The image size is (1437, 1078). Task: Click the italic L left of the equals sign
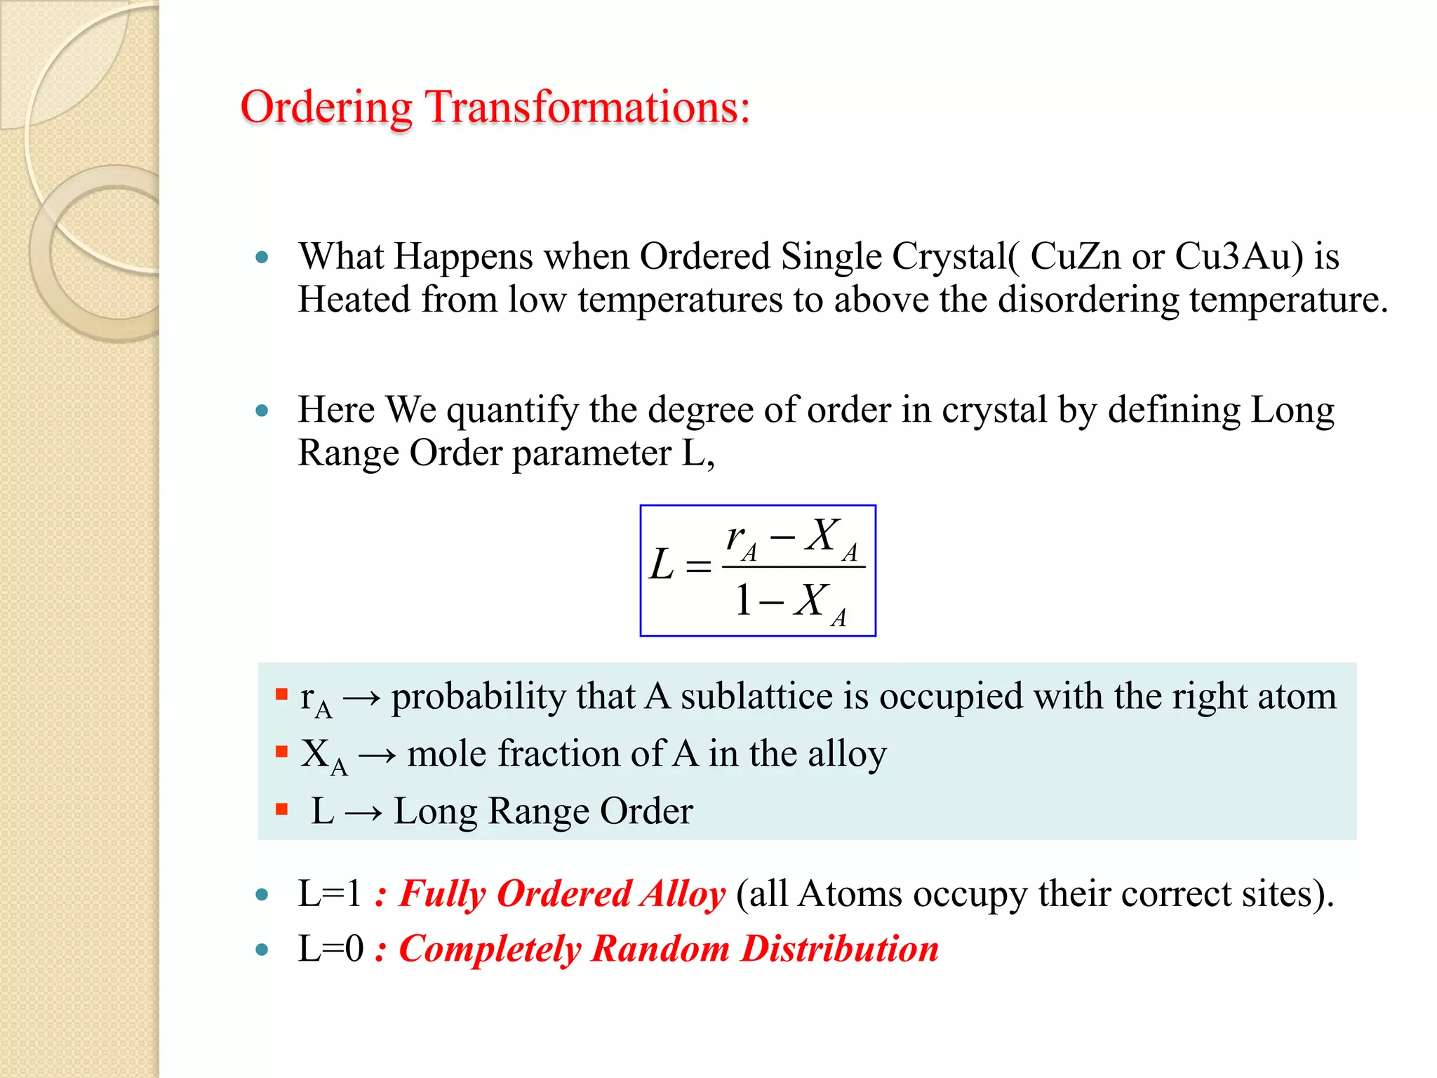(661, 565)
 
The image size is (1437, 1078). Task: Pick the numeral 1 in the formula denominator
(743, 601)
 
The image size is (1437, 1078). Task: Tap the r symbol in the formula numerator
(736, 538)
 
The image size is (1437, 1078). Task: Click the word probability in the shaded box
(479, 698)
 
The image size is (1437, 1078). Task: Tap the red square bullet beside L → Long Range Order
(282, 809)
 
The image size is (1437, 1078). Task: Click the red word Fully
(441, 895)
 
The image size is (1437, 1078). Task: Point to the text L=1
(329, 894)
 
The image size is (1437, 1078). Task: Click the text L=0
(330, 949)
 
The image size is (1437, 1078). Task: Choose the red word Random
(660, 949)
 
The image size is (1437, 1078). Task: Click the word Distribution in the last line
(840, 949)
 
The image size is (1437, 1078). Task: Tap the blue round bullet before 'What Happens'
(262, 258)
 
